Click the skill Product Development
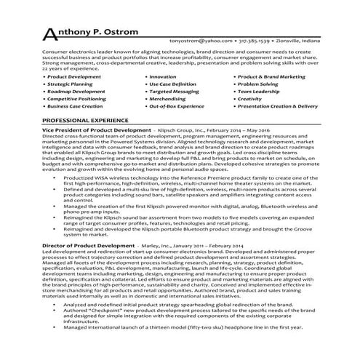point(75,76)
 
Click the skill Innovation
point(162,76)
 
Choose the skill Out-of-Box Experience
point(177,106)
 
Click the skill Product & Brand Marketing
point(271,76)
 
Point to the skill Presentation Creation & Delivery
point(278,106)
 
